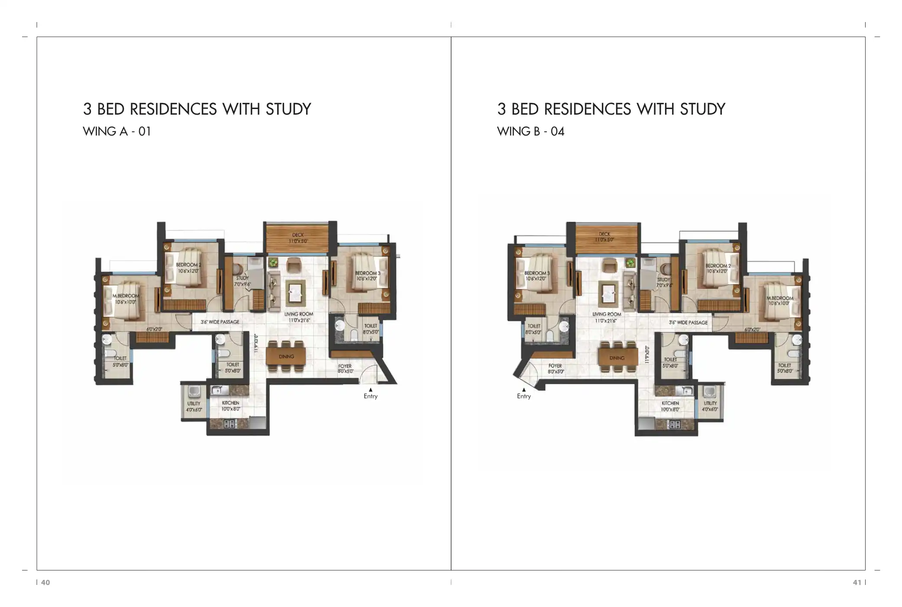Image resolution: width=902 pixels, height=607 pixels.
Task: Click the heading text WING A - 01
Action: click(x=117, y=131)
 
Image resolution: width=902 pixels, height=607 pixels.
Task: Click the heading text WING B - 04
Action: click(x=530, y=131)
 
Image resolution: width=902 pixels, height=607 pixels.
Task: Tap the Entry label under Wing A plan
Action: click(x=370, y=396)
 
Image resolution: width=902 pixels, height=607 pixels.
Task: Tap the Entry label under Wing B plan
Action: click(x=524, y=396)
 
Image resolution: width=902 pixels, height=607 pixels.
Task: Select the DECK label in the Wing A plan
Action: click(x=298, y=235)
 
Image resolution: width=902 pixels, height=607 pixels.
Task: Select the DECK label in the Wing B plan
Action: click(x=604, y=234)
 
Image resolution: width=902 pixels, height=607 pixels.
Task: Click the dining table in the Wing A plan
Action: click(x=286, y=356)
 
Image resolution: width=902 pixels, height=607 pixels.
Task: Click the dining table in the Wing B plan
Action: click(x=617, y=358)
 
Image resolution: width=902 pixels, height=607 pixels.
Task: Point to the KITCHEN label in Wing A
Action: click(x=230, y=403)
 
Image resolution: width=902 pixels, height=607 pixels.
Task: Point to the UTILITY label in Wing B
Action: click(x=710, y=403)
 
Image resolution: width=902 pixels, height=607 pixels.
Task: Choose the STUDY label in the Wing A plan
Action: click(x=242, y=278)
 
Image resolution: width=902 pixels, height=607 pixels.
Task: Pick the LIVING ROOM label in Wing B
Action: click(x=607, y=314)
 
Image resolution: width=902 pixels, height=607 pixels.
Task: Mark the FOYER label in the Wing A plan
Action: click(x=345, y=366)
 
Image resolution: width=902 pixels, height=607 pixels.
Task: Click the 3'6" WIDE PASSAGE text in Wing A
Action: click(x=220, y=322)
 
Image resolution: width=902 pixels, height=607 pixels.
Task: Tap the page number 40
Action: click(x=45, y=582)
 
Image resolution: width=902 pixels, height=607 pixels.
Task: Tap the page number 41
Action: click(x=857, y=582)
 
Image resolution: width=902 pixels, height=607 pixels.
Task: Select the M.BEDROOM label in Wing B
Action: click(x=780, y=298)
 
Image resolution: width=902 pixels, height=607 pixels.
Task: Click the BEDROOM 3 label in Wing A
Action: click(x=368, y=273)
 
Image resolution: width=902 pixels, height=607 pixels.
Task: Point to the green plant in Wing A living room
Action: click(x=273, y=262)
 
